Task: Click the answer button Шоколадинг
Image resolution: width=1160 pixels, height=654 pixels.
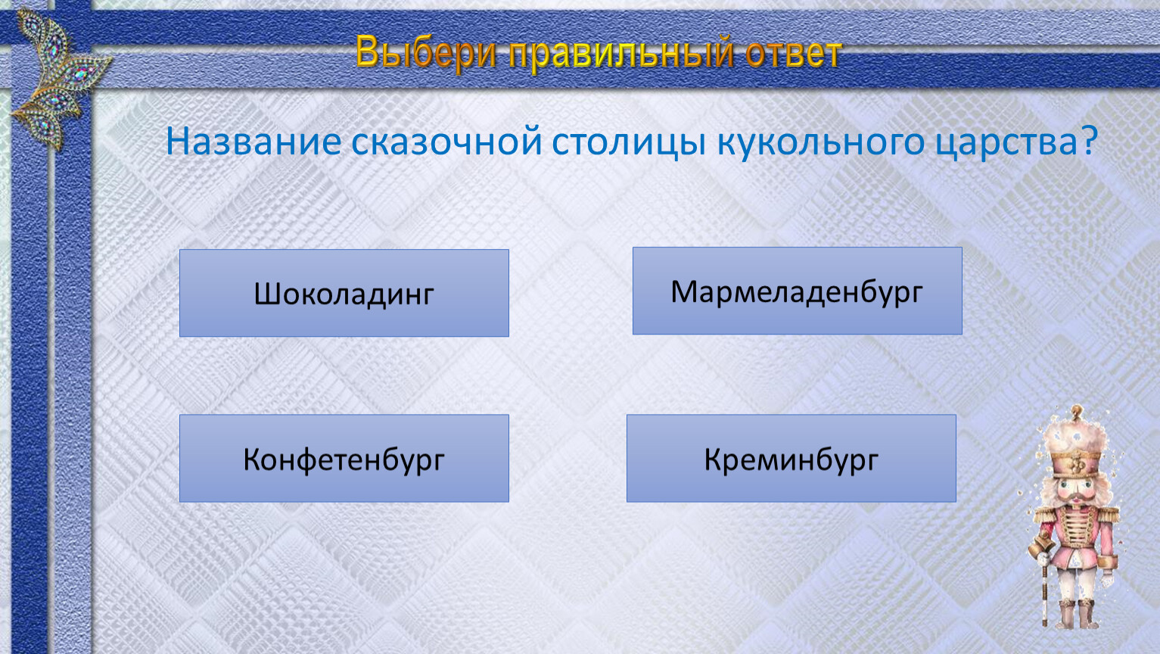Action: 344,293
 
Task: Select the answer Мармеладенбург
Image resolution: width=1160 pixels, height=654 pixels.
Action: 797,291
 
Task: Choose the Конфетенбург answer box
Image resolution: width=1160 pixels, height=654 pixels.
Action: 344,458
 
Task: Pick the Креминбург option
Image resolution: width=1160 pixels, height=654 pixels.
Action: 791,458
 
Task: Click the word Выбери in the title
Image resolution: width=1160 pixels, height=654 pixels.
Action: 426,52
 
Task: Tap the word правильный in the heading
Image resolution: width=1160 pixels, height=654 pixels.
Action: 621,54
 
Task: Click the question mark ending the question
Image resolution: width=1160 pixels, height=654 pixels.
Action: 1089,140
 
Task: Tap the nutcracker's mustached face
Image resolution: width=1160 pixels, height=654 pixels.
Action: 1075,492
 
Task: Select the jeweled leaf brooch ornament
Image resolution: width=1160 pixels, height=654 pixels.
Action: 60,78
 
